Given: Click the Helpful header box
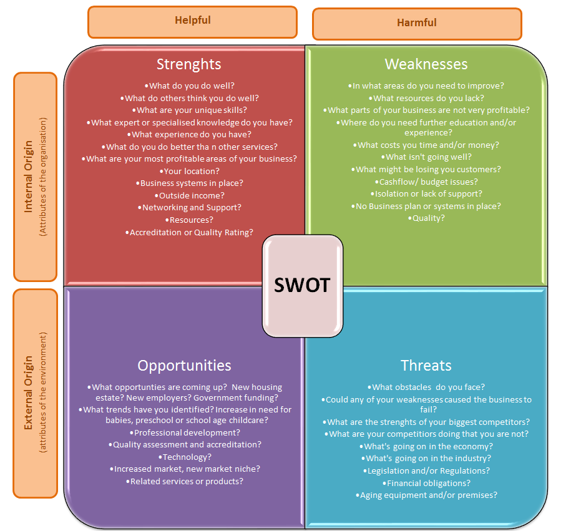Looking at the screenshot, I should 192,21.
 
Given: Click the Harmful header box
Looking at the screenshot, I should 416,23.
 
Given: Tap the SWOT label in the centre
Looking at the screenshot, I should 302,285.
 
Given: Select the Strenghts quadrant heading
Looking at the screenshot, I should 188,64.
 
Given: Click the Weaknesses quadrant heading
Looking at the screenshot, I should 426,64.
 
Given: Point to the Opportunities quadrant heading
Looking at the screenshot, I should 184,366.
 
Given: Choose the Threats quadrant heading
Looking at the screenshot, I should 426,366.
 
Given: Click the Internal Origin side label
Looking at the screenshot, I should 29,177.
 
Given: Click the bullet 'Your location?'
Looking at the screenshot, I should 190,171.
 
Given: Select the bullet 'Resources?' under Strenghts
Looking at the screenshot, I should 190,220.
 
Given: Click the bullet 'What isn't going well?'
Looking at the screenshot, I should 427,157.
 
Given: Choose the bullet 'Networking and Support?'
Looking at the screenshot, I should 190,207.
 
